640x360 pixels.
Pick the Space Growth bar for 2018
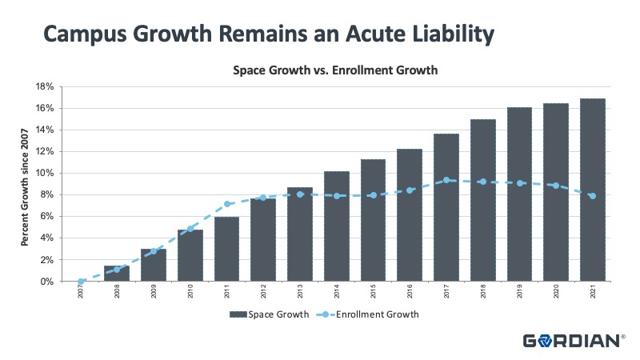pyautogui.click(x=482, y=201)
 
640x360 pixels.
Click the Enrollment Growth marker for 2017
pyautogui.click(x=446, y=180)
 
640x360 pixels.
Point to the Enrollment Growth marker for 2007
pyautogui.click(x=81, y=282)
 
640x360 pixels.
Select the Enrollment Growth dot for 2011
pyautogui.click(x=227, y=204)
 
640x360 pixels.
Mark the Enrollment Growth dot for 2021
pyautogui.click(x=592, y=195)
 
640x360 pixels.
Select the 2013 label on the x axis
pyautogui.click(x=300, y=294)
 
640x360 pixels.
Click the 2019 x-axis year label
pyautogui.click(x=519, y=294)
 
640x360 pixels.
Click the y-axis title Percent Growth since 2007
pyautogui.click(x=25, y=183)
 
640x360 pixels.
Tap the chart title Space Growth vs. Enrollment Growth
pyautogui.click(x=335, y=70)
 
